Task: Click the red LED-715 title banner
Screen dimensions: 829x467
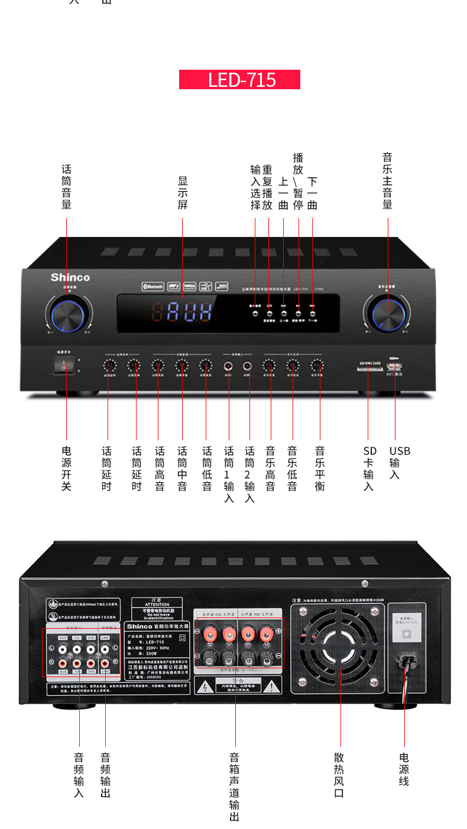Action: click(x=239, y=80)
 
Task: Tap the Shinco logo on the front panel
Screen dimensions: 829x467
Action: click(x=70, y=277)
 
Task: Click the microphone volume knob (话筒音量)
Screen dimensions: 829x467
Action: click(x=67, y=314)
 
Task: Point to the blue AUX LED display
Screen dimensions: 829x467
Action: click(x=189, y=311)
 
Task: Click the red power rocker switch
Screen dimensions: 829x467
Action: click(x=64, y=366)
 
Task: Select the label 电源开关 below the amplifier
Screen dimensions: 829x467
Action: click(x=66, y=468)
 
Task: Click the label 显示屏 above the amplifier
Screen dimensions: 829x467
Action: click(x=183, y=193)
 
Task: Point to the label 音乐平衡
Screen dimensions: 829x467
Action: click(x=320, y=468)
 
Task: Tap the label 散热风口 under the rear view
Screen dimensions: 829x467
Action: click(x=339, y=775)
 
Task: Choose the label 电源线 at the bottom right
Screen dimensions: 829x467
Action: click(x=404, y=769)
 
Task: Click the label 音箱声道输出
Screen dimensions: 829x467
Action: click(x=235, y=786)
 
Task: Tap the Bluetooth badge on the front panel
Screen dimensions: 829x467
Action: click(x=152, y=286)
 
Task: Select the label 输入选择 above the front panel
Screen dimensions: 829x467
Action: click(x=255, y=187)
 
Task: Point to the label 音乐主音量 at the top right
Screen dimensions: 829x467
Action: click(x=388, y=181)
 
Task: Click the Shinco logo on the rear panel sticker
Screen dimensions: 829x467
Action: click(x=140, y=626)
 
